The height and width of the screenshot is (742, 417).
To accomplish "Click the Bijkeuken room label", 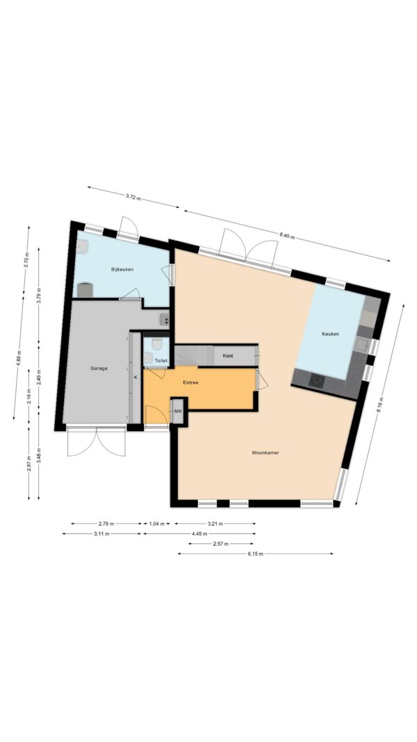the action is tap(122, 269).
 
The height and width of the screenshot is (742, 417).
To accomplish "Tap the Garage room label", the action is tap(99, 368).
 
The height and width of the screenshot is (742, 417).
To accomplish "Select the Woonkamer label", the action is tap(265, 453).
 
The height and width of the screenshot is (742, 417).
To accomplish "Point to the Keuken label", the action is tap(331, 334).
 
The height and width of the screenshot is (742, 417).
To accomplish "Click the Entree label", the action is tap(190, 382).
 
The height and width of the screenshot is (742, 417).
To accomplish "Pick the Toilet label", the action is tap(161, 361).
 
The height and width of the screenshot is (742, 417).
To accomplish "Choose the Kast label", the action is tap(228, 355).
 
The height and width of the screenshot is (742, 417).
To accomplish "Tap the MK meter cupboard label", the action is tap(178, 411).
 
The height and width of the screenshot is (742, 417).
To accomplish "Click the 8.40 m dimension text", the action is tap(286, 235).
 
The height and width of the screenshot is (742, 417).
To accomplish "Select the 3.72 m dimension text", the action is tap(133, 197).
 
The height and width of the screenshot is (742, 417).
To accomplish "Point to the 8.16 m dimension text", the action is tap(379, 405).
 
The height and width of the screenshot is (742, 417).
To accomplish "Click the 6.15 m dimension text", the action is tap(255, 554).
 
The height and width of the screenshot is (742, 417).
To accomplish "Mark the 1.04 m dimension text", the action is tap(156, 524).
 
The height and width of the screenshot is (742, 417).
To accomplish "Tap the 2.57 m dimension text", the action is tap(221, 544).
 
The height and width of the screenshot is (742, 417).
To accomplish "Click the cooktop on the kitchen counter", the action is tap(317, 380).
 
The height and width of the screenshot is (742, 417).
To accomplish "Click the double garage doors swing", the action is tap(97, 442).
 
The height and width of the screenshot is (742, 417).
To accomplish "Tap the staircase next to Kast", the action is tap(188, 355).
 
